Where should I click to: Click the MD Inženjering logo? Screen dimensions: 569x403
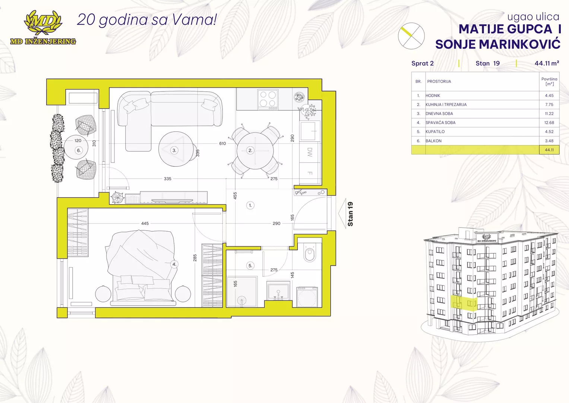(x=43, y=28)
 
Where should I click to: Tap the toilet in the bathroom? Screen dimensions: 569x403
(x=309, y=252)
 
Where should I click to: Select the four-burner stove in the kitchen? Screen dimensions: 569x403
(x=268, y=100)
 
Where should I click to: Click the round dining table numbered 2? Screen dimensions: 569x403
(x=255, y=151)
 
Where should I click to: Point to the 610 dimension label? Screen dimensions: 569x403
(x=222, y=144)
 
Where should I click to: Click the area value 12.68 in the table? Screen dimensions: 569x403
(x=549, y=123)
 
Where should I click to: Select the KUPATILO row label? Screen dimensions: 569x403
(x=435, y=131)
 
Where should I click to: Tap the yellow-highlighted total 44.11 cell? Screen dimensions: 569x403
(x=549, y=150)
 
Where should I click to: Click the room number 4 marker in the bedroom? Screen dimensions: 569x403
(x=174, y=264)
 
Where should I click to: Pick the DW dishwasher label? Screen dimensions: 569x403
(x=310, y=152)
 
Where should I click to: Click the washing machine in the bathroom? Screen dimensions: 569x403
(x=307, y=297)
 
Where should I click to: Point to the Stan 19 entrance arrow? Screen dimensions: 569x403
(x=342, y=213)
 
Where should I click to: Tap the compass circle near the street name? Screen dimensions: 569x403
(x=411, y=36)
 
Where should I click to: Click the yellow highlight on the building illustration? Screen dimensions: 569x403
(x=464, y=303)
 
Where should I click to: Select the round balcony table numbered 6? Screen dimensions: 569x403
(x=76, y=147)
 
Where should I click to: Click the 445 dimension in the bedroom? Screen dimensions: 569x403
(x=145, y=224)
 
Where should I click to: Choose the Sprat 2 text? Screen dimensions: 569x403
(x=423, y=63)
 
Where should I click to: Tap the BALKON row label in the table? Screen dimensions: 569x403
(x=433, y=141)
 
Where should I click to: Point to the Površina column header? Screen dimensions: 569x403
(x=549, y=81)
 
